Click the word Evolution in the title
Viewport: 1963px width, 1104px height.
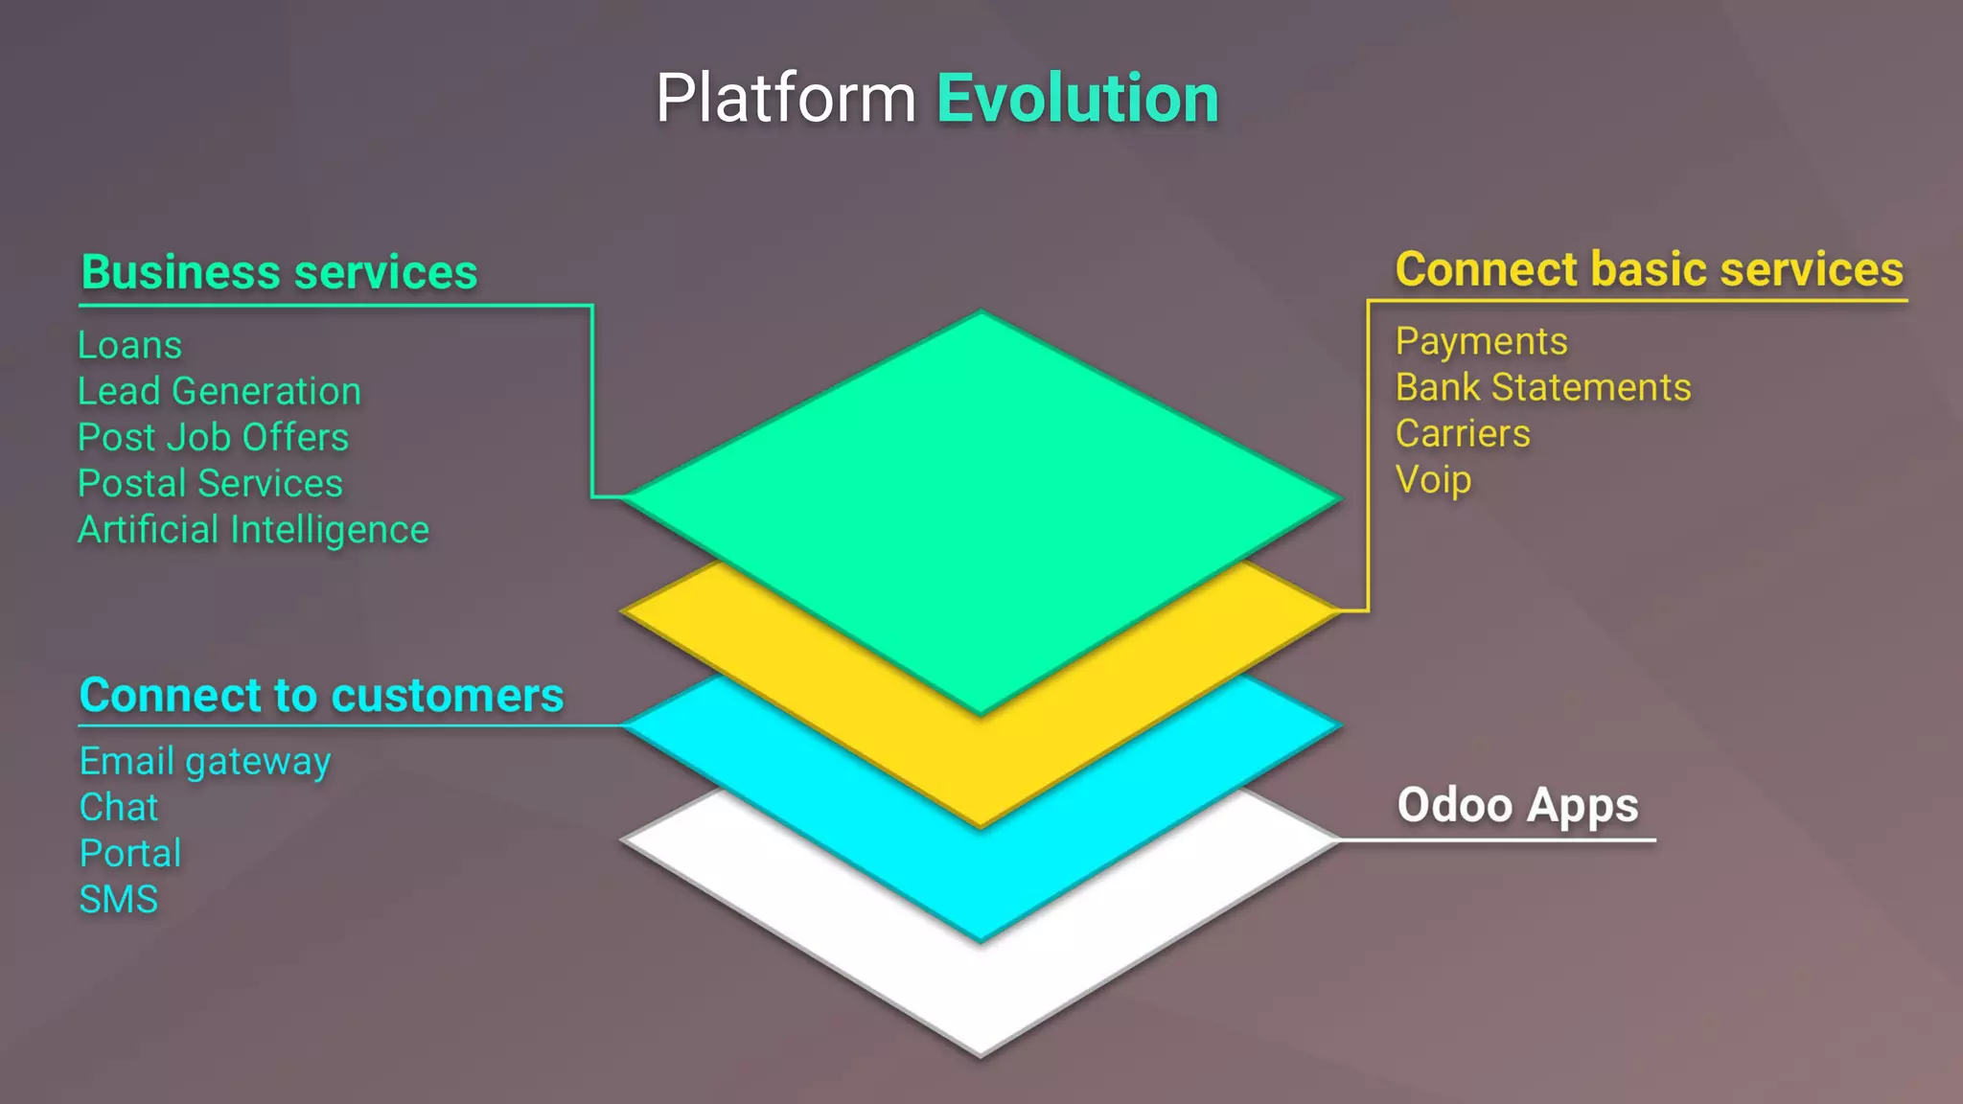(x=1077, y=99)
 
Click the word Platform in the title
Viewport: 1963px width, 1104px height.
(x=786, y=99)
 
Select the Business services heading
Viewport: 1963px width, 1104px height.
(x=279, y=272)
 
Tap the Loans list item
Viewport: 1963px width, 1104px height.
(x=129, y=345)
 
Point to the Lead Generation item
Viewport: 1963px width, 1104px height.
(x=219, y=391)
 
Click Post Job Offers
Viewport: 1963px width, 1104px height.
(x=213, y=437)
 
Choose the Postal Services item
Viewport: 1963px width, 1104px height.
(x=210, y=483)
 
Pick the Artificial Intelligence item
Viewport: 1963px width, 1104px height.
(x=253, y=530)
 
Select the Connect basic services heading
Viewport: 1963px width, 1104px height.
(x=1649, y=269)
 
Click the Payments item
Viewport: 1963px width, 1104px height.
(x=1481, y=341)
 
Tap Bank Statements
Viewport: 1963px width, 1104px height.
(x=1543, y=387)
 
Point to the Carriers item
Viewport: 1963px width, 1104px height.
(x=1463, y=433)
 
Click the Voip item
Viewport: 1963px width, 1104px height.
(x=1433, y=479)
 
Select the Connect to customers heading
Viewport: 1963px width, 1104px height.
(x=321, y=695)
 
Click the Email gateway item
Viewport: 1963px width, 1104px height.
(x=205, y=761)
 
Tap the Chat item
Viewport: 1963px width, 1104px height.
(x=119, y=807)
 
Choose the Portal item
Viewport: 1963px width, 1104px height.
(x=130, y=853)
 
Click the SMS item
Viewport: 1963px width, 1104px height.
(x=119, y=899)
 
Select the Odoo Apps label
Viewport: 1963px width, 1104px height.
(x=1517, y=805)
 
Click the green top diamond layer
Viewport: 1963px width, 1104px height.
(x=980, y=479)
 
